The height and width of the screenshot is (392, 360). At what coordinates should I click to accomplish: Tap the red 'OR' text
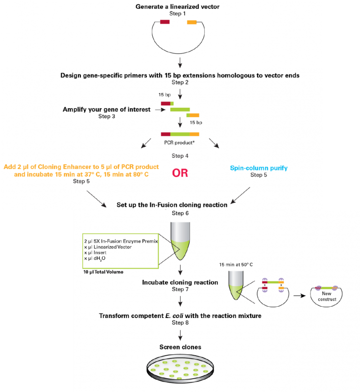[x=180, y=173]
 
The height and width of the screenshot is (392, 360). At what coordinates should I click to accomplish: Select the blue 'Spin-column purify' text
[x=259, y=168]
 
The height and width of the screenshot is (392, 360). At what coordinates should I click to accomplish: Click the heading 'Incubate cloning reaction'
[x=180, y=283]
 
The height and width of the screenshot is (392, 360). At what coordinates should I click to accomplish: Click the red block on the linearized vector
[x=165, y=22]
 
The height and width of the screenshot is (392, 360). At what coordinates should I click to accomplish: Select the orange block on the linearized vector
[x=192, y=22]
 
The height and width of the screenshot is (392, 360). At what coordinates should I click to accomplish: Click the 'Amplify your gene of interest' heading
[x=106, y=109]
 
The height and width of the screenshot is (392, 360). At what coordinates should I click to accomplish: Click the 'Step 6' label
[x=180, y=213]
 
